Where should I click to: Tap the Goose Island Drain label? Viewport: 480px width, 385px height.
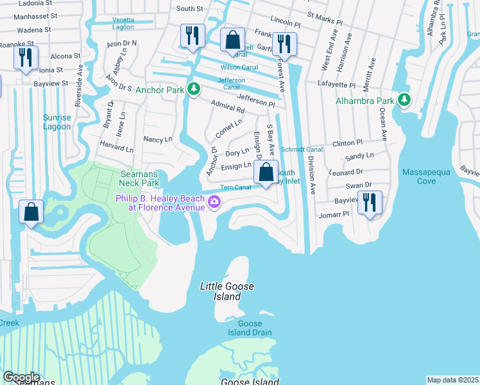250,328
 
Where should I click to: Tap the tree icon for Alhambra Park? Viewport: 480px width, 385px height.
404,100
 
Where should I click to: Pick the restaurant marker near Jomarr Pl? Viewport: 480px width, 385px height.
370,202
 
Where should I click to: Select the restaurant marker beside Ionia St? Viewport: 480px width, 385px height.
26,58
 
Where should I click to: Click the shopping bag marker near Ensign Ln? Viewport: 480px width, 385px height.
266,172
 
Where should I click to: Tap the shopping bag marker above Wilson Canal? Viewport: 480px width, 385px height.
232,40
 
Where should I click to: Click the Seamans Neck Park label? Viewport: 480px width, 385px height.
139,178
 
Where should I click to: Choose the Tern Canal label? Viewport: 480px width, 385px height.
235,188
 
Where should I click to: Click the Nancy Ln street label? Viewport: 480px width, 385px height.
158,139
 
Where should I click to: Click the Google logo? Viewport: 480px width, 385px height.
21,377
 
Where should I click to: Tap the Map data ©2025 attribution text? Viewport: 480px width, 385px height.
452,380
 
